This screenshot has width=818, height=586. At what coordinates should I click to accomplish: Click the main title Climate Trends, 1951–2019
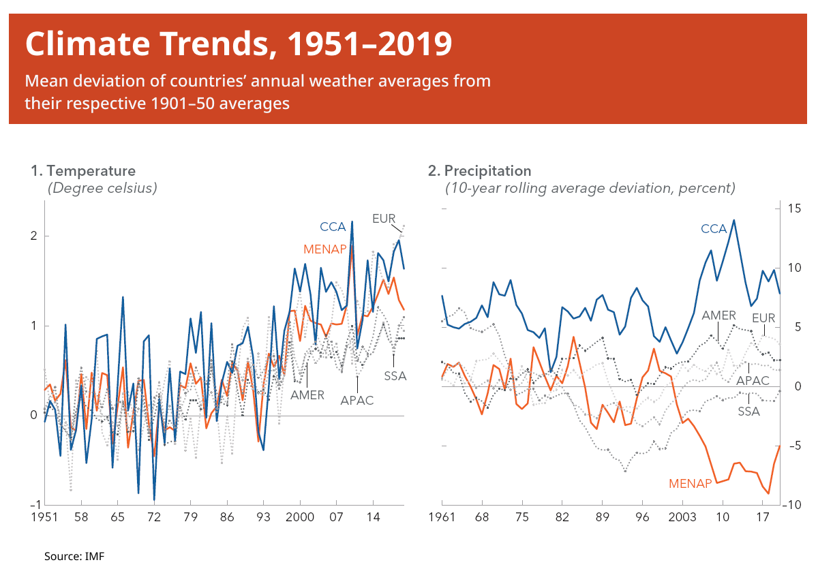coord(239,44)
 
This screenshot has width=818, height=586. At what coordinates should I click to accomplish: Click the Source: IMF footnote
coord(74,557)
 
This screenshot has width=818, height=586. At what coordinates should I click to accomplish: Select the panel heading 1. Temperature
coord(83,171)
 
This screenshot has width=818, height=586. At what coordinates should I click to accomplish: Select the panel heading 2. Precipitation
coord(479,171)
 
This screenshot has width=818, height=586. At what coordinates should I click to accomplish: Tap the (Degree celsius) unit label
coord(102,188)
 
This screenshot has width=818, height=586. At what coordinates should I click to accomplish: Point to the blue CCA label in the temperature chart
coord(333,227)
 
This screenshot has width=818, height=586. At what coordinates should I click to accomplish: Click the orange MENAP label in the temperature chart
coord(325,249)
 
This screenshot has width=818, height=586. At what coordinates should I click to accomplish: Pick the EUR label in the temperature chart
coord(384,219)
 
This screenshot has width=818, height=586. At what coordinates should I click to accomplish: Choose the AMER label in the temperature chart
coord(307,395)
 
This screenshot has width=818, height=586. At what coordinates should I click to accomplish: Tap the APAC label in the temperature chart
coord(357,400)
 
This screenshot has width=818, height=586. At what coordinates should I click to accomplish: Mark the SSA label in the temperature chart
coord(395,375)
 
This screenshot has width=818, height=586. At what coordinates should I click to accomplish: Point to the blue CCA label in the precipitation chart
coord(714,229)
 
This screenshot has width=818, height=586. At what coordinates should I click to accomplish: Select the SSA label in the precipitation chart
coord(749,412)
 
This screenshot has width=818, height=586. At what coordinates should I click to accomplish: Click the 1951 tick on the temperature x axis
coord(44,517)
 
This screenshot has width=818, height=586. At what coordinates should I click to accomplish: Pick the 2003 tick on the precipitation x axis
coord(682,517)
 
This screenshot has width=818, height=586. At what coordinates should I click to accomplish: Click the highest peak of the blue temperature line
coord(352,221)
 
